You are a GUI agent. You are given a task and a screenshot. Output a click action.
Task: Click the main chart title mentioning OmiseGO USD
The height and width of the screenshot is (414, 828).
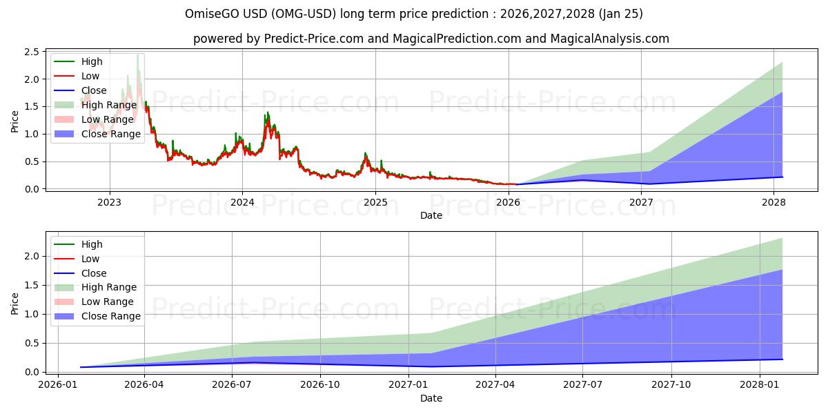tap(414, 14)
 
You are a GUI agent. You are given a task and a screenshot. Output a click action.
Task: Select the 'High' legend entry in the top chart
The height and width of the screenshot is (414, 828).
tap(91, 61)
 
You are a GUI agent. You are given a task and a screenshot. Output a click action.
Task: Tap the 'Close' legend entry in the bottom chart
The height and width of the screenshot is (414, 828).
tap(94, 273)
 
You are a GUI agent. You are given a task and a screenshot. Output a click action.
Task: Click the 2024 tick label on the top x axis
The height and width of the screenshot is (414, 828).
tap(242, 202)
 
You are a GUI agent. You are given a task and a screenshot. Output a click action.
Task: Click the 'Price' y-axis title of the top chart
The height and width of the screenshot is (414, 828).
tap(15, 121)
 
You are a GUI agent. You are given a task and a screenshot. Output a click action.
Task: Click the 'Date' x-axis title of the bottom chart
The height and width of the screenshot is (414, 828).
tap(431, 398)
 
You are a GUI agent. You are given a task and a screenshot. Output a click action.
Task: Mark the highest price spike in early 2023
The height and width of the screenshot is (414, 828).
tap(137, 55)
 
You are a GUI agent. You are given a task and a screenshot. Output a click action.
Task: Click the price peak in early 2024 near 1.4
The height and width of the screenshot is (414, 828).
tap(268, 112)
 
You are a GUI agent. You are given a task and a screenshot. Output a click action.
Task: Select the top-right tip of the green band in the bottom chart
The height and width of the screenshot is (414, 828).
tap(782, 238)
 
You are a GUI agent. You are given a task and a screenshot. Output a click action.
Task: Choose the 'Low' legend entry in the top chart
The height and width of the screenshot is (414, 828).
tap(90, 76)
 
